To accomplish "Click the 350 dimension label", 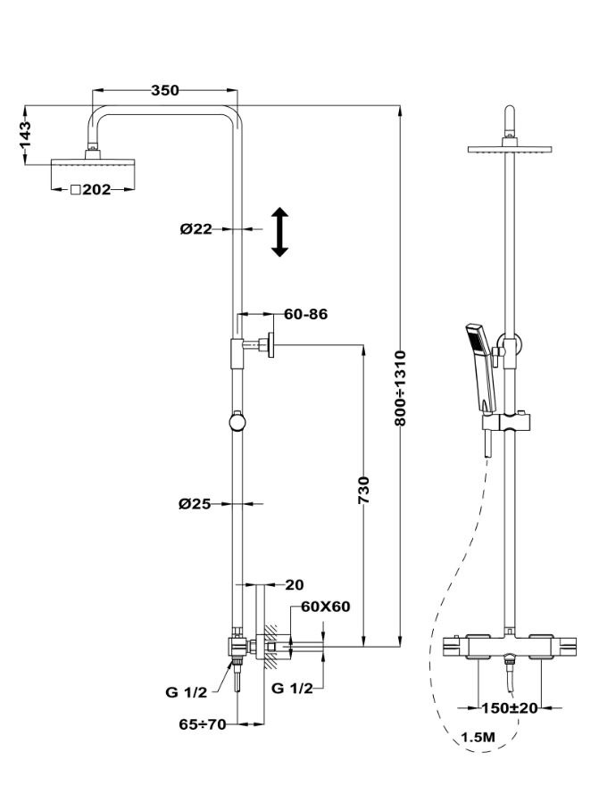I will coord(164,90).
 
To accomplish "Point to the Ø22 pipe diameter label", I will coord(196,228).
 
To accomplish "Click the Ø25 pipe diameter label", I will coord(195,504).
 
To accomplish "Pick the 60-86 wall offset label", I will coord(306,314).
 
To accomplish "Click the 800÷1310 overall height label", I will coord(401,387).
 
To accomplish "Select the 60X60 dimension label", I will coord(325,607).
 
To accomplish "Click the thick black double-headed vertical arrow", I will coord(279,232).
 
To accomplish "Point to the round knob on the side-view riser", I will coord(237,420).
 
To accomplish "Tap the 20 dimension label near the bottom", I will coord(294,585).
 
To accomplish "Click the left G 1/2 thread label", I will coord(186,691).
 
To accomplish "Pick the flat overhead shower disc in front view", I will coord(509,150).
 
